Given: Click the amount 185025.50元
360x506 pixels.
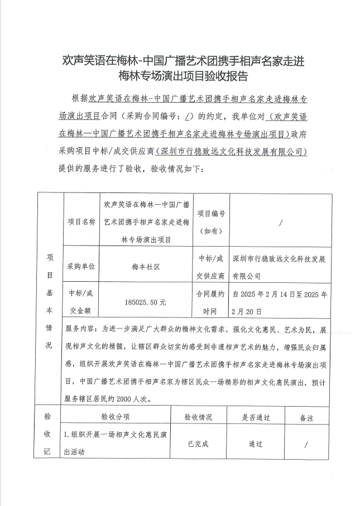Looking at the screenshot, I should (146, 302).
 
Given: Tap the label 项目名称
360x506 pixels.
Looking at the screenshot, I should (81, 221).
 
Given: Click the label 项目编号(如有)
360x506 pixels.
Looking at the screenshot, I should (211, 221).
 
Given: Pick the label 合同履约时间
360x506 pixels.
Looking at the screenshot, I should (211, 302).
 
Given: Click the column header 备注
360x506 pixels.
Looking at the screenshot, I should (306, 417).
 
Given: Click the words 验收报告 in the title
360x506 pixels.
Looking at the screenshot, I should (228, 75).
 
